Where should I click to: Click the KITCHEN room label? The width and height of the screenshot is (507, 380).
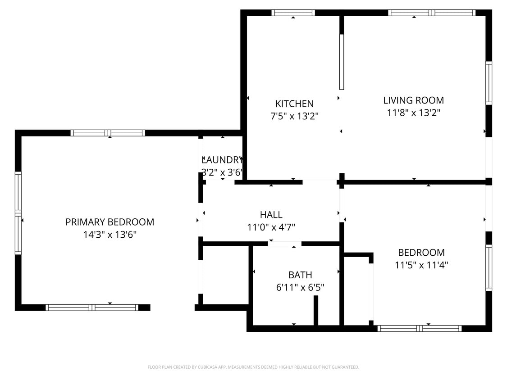tap(294, 104)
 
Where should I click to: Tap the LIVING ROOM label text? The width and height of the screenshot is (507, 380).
tap(413, 100)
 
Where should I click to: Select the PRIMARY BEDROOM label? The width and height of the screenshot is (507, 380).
tap(110, 222)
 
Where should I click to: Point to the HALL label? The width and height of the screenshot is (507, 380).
tap(271, 215)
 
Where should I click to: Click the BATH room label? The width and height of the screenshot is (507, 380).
tap(300, 275)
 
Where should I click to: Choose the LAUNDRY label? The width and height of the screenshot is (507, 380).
tap(222, 160)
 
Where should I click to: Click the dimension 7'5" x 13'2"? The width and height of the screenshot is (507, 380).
tap(294, 116)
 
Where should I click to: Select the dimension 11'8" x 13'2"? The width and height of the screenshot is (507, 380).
tap(413, 113)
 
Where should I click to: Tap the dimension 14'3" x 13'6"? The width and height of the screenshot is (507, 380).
tap(110, 235)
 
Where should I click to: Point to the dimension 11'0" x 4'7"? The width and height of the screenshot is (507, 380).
tap(271, 227)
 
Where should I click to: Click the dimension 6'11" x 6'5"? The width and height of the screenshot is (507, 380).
tap(300, 287)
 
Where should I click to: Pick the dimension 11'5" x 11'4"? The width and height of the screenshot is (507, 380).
tap(421, 265)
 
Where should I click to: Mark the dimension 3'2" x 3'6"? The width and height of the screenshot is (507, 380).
tap(222, 172)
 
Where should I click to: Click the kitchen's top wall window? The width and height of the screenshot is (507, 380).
tap(293, 13)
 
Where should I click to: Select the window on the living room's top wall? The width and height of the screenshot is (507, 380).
tap(432, 13)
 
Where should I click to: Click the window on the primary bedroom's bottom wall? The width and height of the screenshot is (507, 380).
tap(92, 308)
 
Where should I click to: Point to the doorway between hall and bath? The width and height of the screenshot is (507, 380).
tap(284, 244)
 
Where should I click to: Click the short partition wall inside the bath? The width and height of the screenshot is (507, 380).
tap(316, 310)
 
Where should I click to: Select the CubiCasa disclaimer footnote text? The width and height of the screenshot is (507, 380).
tap(253, 367)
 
